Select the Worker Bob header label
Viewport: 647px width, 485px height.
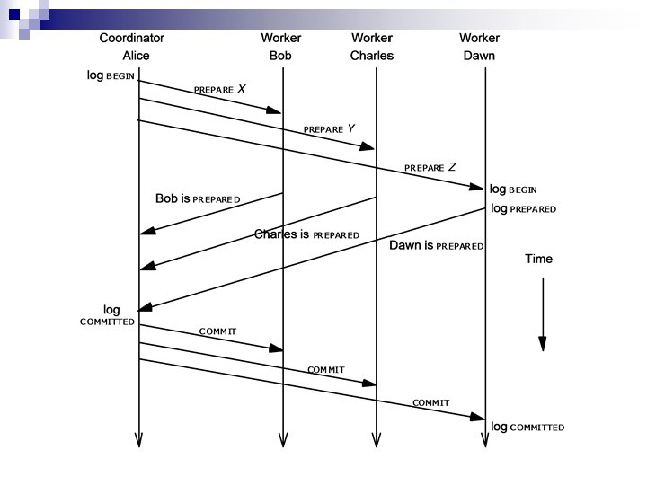(x=281, y=47)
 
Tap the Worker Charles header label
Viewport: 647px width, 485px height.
(x=372, y=47)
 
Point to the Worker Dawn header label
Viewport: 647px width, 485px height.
(x=479, y=47)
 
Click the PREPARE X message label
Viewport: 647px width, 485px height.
(x=219, y=90)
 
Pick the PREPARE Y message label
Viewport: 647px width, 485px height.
(x=329, y=129)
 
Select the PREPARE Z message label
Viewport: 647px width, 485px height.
(x=430, y=167)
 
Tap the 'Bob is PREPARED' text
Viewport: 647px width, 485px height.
(x=198, y=198)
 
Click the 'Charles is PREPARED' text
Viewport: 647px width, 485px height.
(x=306, y=234)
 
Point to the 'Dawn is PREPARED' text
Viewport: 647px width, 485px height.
(x=436, y=245)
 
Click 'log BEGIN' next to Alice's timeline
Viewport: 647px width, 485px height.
(x=111, y=76)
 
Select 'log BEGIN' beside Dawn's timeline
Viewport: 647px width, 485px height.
(x=513, y=190)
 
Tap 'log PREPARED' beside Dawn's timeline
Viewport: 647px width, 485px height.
(x=523, y=208)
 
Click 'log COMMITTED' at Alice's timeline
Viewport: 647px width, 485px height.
(x=109, y=315)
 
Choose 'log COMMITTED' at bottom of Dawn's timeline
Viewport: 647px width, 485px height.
(x=527, y=427)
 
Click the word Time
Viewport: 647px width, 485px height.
(x=538, y=260)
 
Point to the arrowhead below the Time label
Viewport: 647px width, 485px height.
(x=542, y=343)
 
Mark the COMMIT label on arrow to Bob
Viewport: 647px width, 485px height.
(x=217, y=331)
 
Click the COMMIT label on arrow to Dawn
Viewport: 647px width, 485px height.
(x=430, y=402)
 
